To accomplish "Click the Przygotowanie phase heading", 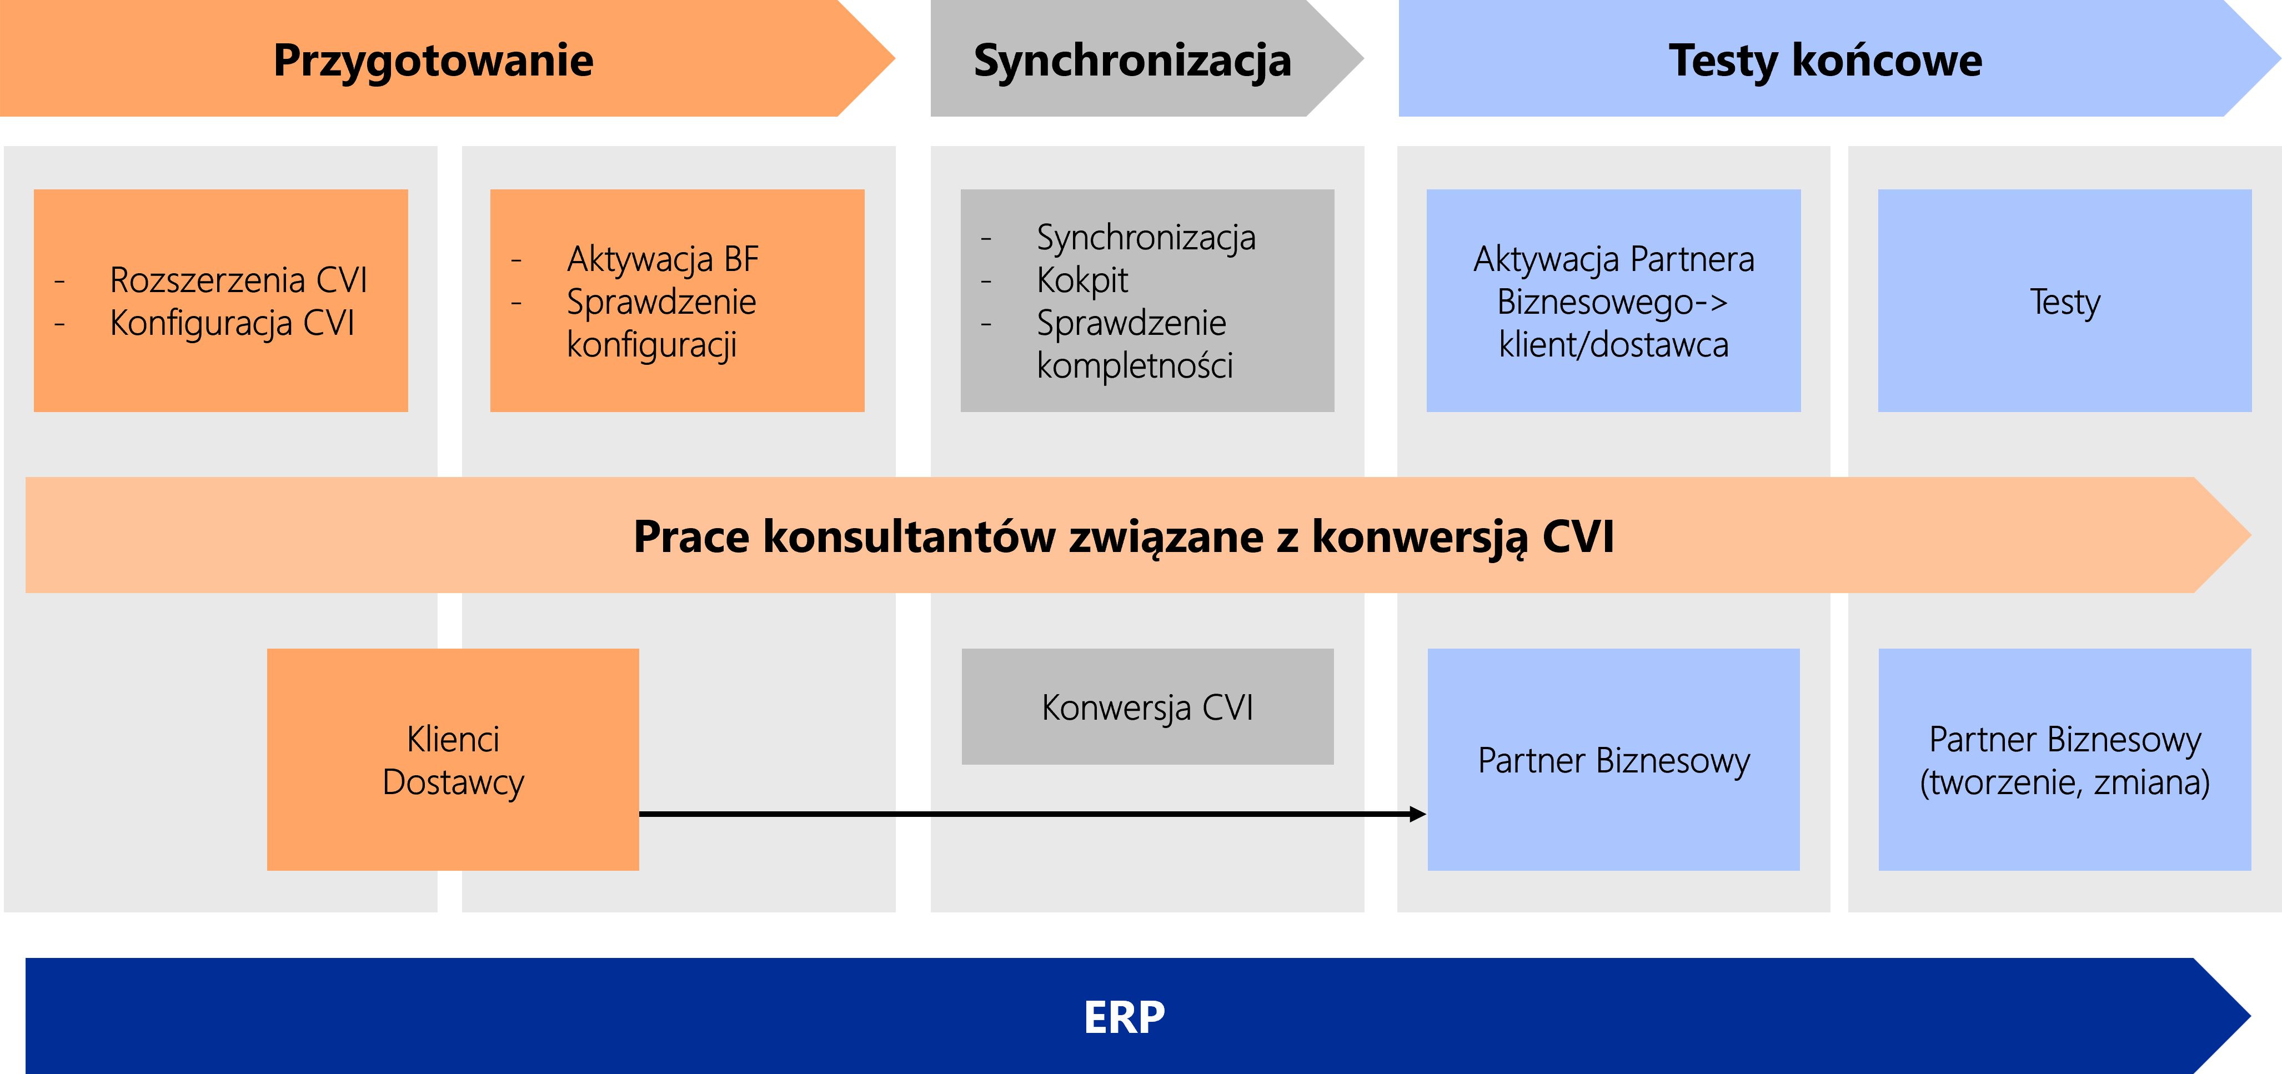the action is [433, 61].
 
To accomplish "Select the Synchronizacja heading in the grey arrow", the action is [1132, 61].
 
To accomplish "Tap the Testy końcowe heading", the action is [1825, 61].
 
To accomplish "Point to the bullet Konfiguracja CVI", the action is [232, 323].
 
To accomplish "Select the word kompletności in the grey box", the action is [1135, 365].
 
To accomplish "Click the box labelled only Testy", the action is [2064, 300].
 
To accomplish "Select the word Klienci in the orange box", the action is [453, 739].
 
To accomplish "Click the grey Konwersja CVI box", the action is [1147, 706].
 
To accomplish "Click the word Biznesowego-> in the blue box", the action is [1612, 302].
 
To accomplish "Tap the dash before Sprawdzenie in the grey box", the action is [986, 324].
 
